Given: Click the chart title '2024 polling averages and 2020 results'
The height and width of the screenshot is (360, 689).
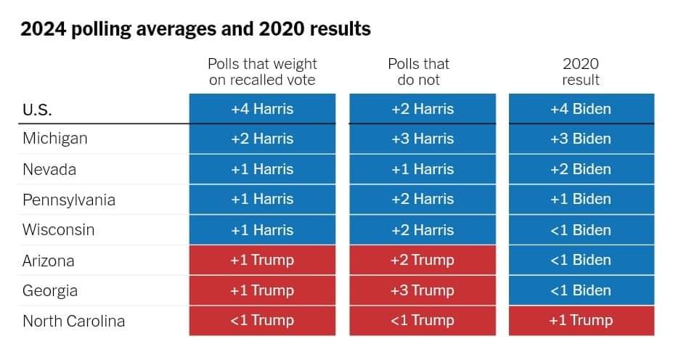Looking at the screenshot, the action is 195,30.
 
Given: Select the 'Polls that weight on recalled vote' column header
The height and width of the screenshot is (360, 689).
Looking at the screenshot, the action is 262,72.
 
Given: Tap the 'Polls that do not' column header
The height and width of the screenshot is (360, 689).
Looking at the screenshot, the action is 419,72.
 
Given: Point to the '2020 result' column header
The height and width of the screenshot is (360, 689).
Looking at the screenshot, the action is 581,72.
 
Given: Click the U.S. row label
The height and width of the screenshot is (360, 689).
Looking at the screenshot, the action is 37,110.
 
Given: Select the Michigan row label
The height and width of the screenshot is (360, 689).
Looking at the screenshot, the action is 55,139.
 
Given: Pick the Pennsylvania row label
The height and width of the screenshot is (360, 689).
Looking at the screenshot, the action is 69,200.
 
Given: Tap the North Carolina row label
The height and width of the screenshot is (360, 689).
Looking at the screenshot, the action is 74,321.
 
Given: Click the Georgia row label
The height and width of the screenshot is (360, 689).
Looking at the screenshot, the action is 50,291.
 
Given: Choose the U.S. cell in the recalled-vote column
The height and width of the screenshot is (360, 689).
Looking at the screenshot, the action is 262,108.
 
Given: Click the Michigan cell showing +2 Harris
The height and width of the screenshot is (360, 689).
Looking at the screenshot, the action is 262,139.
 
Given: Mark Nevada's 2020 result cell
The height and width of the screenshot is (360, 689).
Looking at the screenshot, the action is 582,169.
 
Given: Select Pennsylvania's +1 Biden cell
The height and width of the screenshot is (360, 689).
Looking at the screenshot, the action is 582,200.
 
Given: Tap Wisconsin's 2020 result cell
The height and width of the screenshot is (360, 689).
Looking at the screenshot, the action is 582,229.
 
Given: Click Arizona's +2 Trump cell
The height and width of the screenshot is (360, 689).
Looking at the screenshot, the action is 423,260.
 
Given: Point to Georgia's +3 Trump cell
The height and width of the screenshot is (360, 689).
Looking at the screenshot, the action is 423,290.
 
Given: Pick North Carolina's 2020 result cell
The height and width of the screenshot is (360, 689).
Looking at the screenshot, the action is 582,321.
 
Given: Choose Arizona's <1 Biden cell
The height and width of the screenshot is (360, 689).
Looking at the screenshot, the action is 582,260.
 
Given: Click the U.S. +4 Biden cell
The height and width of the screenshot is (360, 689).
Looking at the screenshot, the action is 582,108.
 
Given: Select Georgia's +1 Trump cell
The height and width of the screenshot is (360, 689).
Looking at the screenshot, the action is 262,290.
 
